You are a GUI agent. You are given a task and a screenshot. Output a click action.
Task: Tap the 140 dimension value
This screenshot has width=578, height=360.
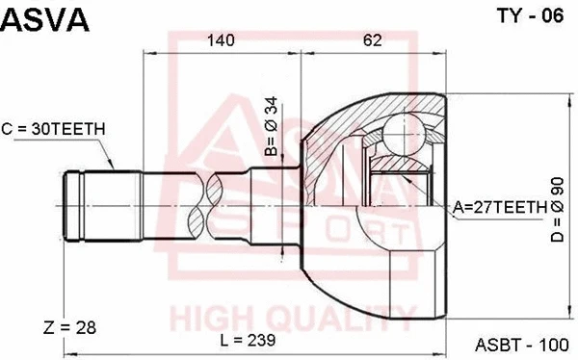coord(221,40)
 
